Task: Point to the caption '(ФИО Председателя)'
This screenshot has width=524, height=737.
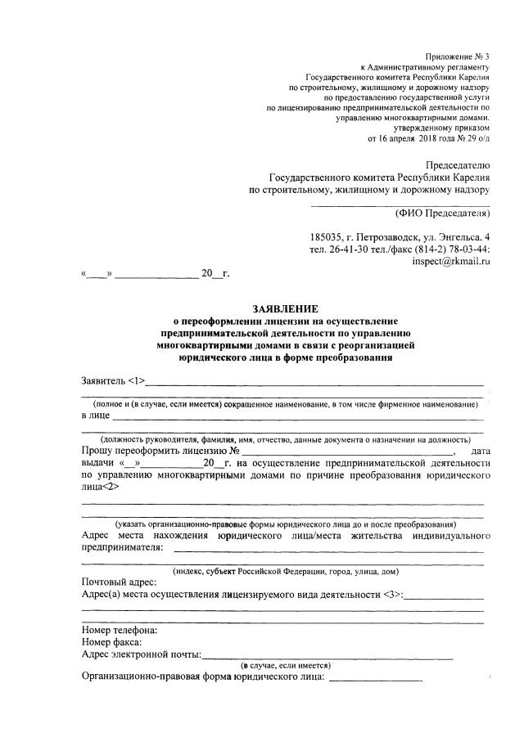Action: pyautogui.click(x=442, y=214)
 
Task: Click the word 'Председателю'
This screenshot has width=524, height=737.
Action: pyautogui.click(x=449, y=163)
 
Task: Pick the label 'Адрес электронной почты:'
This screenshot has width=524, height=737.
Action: pyautogui.click(x=142, y=655)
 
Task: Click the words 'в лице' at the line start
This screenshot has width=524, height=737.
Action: pyautogui.click(x=95, y=416)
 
